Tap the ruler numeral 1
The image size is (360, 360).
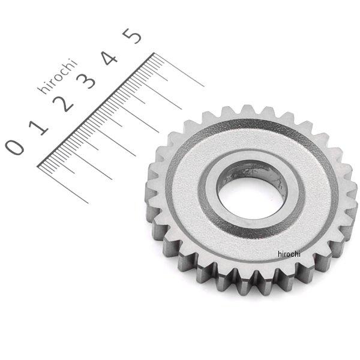point(39,128)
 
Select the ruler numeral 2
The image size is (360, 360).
point(63,104)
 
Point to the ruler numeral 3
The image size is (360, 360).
point(86,81)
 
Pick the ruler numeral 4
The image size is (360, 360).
point(110,58)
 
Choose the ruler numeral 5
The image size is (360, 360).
point(132,36)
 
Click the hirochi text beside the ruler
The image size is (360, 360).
point(57,76)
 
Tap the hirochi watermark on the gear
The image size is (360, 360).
point(289,254)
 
